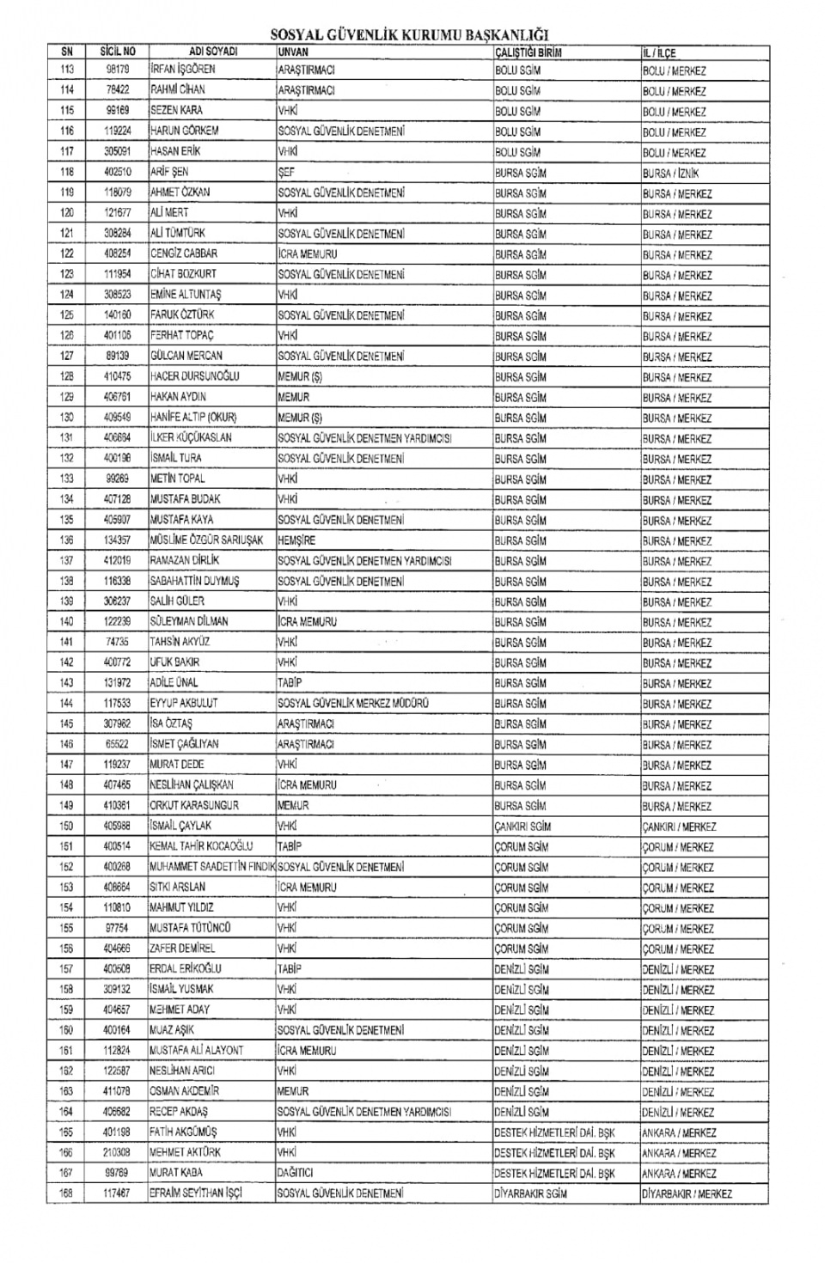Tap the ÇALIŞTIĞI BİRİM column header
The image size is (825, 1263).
tap(529, 52)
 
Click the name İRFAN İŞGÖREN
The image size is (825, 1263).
tap(183, 70)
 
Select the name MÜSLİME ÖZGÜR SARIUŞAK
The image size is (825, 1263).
tap(208, 540)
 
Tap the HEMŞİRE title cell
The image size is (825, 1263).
tap(296, 540)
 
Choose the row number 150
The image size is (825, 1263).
tap(66, 827)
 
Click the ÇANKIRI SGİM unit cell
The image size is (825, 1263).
tap(522, 827)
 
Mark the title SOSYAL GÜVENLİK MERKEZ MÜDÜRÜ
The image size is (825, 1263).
tap(353, 704)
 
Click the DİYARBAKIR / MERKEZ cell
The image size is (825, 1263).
tap(687, 1194)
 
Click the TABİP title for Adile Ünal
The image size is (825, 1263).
tap(290, 683)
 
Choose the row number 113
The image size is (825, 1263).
tap(66, 70)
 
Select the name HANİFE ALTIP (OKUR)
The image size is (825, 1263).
tap(193, 418)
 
